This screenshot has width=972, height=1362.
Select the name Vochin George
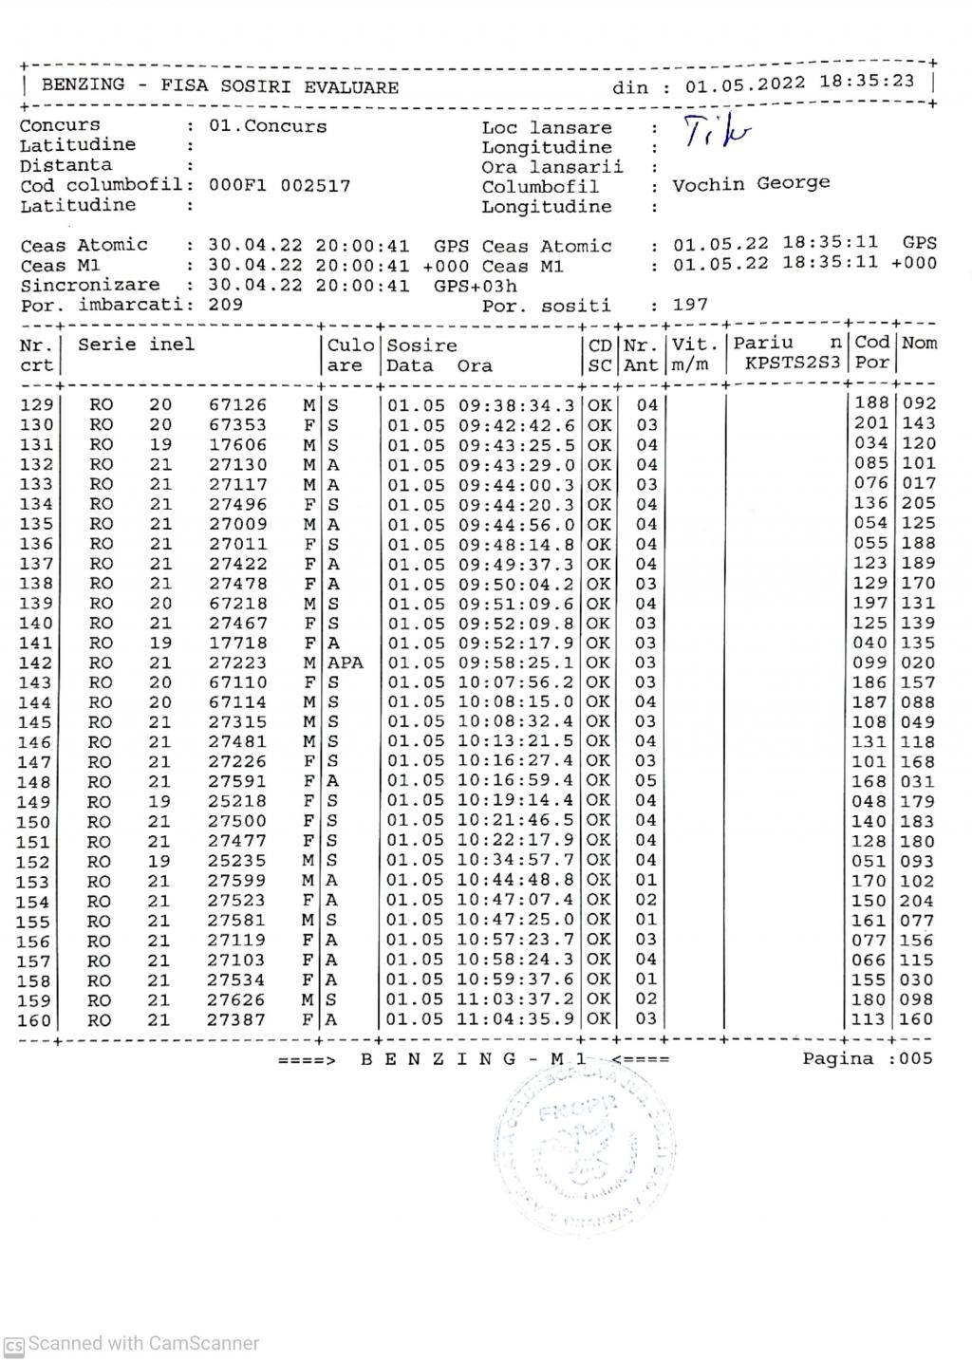coord(751,183)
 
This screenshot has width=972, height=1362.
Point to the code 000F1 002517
coord(279,186)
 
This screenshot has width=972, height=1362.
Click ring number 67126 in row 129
coord(237,405)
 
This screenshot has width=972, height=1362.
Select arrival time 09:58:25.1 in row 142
coord(516,662)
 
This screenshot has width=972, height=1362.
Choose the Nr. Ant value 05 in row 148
coord(646,781)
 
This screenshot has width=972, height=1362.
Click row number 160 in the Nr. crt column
coord(35,1020)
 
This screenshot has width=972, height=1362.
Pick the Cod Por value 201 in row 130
coord(870,423)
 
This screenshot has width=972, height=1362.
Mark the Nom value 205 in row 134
coord(918,503)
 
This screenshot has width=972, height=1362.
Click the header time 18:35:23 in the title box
coord(867,82)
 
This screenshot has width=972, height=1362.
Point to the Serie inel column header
coord(136,345)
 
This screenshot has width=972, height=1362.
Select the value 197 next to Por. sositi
coord(690,305)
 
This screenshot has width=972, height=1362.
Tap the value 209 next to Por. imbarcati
coord(225,305)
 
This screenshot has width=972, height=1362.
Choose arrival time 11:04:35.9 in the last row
coord(516,1019)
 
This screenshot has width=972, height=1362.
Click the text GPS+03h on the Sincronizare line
coord(476,286)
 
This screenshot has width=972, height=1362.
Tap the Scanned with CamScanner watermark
coord(133,1344)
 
